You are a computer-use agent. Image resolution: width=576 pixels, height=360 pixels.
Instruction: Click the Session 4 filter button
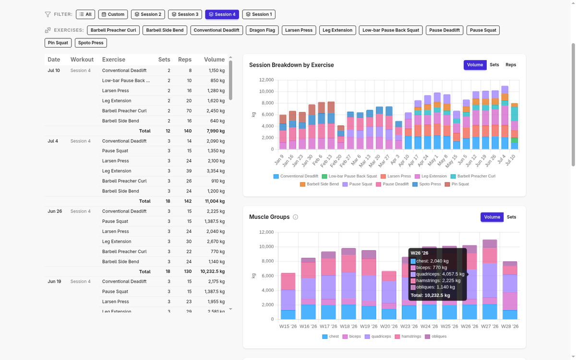[222, 14]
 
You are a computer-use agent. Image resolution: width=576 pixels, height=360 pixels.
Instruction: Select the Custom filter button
[113, 14]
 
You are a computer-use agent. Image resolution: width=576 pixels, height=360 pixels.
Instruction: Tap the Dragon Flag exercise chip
[262, 30]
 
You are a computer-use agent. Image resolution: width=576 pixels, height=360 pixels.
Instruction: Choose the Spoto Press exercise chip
[91, 43]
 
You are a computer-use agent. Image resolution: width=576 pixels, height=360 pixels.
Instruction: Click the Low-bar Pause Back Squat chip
[391, 30]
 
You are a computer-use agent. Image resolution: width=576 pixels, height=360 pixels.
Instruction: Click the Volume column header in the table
[214, 60]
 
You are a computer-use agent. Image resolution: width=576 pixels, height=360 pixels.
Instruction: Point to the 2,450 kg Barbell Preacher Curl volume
[216, 111]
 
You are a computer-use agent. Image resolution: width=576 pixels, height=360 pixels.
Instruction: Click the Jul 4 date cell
[53, 141]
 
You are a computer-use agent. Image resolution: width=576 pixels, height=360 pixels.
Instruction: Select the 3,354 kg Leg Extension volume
[216, 171]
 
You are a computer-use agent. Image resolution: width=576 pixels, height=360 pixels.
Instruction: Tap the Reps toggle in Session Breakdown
[511, 65]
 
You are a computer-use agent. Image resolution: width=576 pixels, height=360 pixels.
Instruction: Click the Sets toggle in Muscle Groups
[511, 217]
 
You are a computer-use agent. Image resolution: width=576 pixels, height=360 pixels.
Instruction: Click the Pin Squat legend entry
[457, 184]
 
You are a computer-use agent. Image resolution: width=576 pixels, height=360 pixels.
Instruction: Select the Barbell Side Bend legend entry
[319, 184]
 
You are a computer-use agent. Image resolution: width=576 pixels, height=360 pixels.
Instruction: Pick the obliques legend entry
[436, 336]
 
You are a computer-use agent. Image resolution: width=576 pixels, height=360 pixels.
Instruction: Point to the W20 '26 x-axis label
[389, 326]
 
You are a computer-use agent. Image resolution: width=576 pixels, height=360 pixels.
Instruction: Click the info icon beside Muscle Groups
[296, 217]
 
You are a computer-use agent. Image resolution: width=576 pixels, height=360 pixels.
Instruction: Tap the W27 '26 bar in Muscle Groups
[490, 279]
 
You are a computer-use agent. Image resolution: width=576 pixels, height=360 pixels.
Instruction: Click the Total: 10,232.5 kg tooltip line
[430, 295]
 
